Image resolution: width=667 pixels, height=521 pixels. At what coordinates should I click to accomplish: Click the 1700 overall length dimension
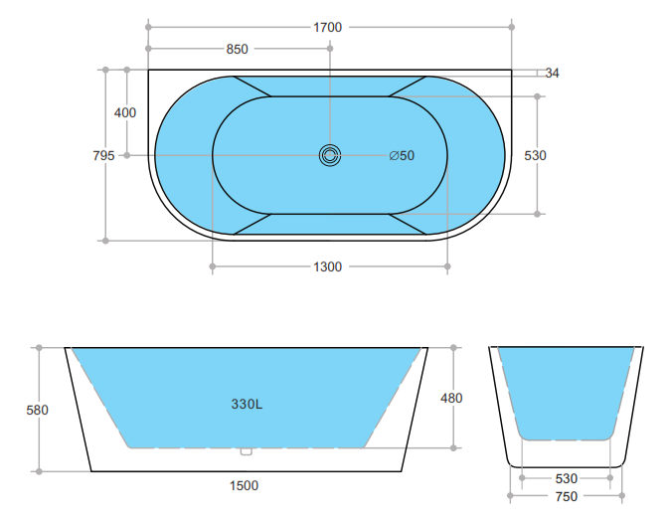point(328,27)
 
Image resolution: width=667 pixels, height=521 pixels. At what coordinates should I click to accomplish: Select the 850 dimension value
point(238,49)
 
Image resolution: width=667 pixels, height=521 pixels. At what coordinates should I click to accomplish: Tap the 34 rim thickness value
point(553,73)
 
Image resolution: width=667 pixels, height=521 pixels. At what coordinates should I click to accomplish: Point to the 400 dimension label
point(125,112)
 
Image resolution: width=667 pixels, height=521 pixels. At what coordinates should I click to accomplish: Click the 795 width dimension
point(103,155)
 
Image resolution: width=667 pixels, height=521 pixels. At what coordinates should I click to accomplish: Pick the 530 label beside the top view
point(537,155)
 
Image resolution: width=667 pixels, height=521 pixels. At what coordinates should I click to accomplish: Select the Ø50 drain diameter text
point(402,155)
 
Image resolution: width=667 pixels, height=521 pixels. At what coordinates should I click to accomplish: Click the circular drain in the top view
point(330,155)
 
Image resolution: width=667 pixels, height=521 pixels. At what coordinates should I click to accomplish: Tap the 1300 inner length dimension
point(328,266)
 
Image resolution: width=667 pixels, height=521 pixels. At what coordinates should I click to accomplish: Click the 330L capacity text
point(247,405)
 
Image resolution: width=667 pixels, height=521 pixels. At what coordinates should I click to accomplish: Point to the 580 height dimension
point(38,409)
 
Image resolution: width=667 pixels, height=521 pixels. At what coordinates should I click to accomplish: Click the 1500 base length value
point(244,485)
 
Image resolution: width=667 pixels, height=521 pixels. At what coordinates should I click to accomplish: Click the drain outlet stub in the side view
point(247,451)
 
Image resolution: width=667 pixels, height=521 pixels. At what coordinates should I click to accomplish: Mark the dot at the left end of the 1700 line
point(148,27)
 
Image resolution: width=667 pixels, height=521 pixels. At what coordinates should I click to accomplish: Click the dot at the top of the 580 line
point(38,348)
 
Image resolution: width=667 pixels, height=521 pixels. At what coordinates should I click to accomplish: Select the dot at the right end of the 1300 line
point(447,266)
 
